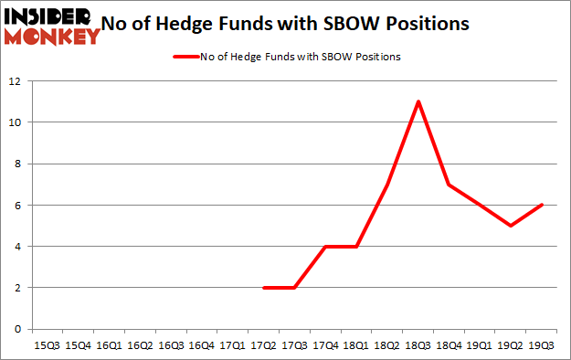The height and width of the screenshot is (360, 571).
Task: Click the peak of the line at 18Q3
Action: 418,101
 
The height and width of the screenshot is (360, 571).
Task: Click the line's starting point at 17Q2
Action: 264,287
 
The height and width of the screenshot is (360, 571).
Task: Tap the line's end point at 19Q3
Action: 543,205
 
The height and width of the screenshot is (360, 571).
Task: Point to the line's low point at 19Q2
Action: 512,226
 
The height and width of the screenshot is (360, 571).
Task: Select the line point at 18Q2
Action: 387,185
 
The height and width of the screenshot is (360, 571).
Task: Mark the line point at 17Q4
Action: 326,246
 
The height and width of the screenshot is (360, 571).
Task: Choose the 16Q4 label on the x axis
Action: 202,345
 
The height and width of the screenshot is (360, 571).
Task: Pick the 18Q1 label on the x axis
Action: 357,345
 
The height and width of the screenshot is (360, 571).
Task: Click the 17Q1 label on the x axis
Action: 233,345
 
